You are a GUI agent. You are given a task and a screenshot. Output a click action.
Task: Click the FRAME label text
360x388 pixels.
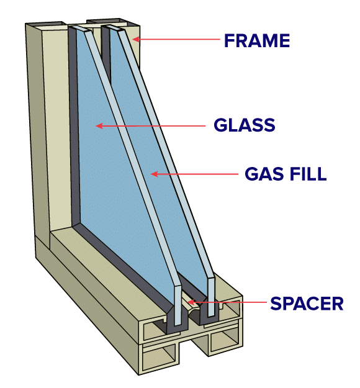257,40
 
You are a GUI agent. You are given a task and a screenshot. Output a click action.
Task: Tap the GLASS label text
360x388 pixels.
245,125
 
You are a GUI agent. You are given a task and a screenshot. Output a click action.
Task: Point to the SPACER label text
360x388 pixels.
307,303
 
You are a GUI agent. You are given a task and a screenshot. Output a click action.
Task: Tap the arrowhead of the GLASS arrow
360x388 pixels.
99,126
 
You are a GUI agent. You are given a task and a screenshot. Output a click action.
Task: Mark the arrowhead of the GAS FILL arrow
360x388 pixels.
154,174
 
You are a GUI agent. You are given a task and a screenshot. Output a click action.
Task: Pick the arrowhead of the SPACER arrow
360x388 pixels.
191,302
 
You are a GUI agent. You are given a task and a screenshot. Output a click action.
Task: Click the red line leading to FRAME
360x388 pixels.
176,39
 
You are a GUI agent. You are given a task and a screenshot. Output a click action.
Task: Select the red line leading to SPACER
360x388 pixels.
227,302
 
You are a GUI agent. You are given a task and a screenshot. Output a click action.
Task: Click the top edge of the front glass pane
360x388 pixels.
83,29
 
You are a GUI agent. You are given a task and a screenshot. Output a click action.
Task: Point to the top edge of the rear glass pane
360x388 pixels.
116,29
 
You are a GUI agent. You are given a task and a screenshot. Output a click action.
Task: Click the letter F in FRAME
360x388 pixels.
229,40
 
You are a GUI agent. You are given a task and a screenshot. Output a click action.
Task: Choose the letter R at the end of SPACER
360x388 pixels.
338,304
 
